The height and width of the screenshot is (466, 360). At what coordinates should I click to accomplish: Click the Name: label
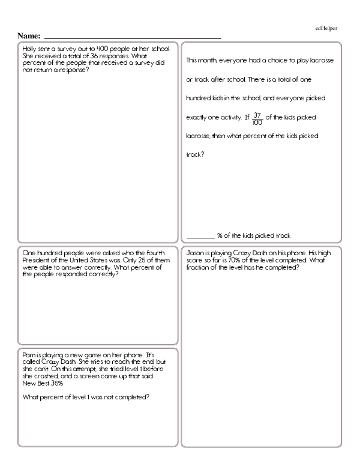point(29,36)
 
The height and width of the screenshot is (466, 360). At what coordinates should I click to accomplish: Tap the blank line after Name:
point(132,38)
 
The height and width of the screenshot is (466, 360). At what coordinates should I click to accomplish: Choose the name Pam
point(27,355)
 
